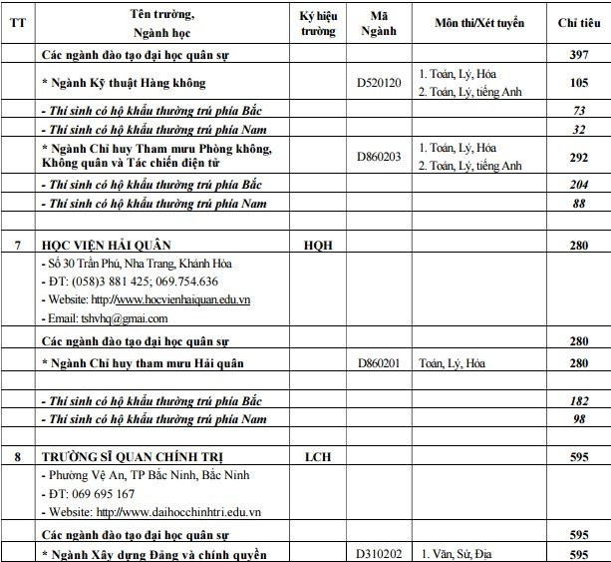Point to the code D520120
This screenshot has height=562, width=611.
pyautogui.click(x=378, y=82)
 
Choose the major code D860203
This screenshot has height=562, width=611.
pyautogui.click(x=378, y=156)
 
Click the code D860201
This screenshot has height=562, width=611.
pyautogui.click(x=378, y=362)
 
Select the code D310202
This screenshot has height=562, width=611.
pyautogui.click(x=378, y=553)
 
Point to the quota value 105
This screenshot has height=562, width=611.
pyautogui.click(x=574, y=82)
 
